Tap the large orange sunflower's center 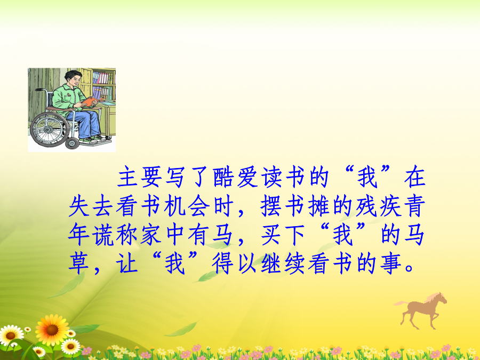click(x=52, y=330)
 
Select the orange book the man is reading click(x=91, y=101)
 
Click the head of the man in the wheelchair click(x=73, y=79)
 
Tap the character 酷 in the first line click(x=223, y=177)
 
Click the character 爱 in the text click(x=247, y=177)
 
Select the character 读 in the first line click(x=271, y=177)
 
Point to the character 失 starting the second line click(x=79, y=206)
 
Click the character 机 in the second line click(x=175, y=206)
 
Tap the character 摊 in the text click(x=319, y=206)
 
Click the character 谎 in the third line click(x=103, y=235)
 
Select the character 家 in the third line click(x=151, y=235)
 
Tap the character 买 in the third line click(x=271, y=235)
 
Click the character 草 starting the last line click(x=79, y=264)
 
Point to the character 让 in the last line click(x=127, y=264)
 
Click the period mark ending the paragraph click(x=409, y=269)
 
